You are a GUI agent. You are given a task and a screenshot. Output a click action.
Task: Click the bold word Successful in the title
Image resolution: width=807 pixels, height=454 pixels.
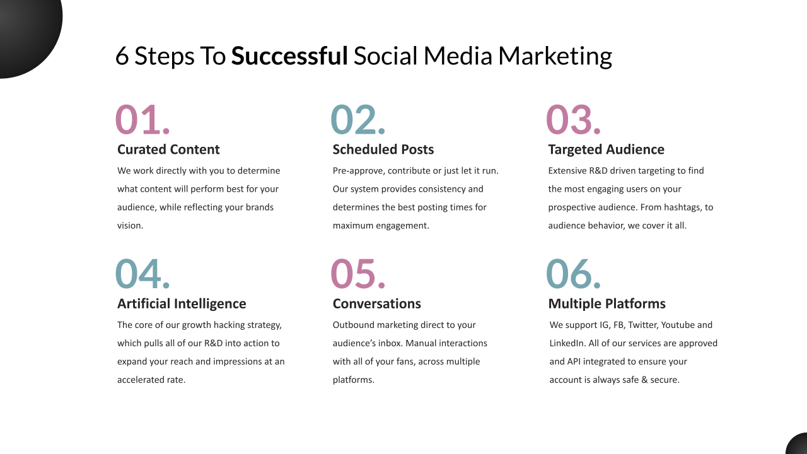289,56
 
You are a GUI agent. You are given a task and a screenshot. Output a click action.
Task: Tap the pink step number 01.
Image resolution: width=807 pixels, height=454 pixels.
142,119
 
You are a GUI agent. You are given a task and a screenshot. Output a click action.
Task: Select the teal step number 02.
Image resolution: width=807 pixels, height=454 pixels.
357,119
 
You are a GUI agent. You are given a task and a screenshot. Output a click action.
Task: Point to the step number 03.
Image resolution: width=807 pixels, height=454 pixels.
573,119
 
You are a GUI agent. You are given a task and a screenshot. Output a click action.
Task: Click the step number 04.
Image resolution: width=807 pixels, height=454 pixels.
142,274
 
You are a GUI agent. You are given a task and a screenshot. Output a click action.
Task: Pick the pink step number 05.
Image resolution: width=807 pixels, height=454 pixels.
357,274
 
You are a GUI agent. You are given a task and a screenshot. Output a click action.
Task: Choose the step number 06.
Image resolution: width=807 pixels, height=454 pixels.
573,274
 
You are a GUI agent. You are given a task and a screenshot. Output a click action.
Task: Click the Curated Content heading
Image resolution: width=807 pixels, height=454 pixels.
168,149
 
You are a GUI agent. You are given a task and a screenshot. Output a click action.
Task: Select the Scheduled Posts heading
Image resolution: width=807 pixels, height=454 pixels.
383,149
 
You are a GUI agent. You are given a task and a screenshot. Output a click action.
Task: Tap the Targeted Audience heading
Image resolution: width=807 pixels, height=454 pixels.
606,150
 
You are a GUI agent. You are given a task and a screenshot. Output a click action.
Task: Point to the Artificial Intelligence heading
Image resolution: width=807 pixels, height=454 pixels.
182,304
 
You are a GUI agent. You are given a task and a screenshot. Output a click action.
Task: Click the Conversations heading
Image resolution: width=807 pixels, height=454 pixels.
376,304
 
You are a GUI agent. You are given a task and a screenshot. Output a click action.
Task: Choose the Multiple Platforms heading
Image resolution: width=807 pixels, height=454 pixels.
607,304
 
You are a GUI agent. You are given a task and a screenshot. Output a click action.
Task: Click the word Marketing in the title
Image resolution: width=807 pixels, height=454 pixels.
555,57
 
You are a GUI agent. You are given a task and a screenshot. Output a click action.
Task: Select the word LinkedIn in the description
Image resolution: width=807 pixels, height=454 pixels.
567,343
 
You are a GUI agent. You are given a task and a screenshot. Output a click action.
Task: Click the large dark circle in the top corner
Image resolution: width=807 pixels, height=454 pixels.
27,27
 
